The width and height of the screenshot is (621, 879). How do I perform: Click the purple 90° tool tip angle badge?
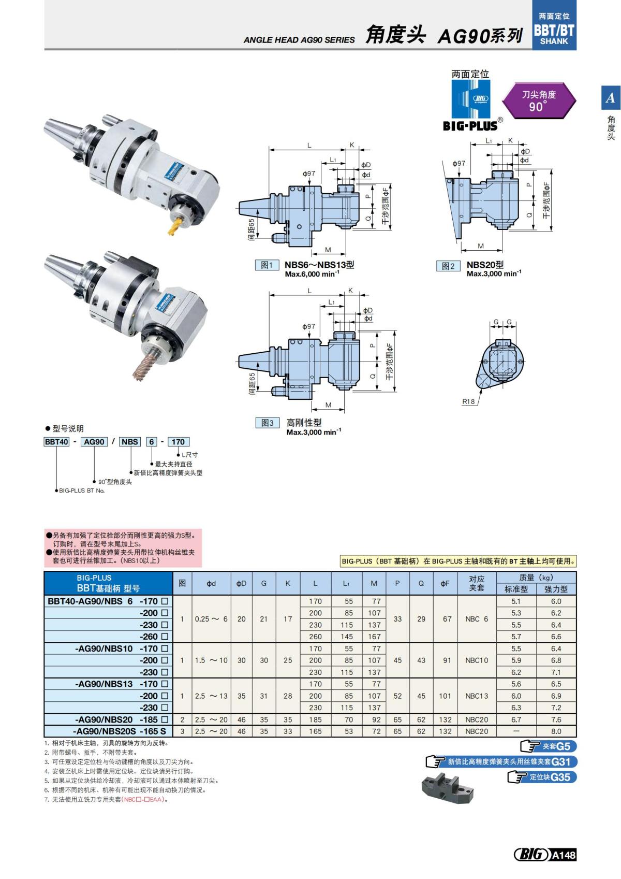[x=538, y=100]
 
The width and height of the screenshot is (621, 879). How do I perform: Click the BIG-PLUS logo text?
[x=470, y=126]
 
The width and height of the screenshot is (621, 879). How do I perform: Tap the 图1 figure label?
[x=267, y=265]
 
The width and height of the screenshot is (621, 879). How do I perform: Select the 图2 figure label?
[x=448, y=266]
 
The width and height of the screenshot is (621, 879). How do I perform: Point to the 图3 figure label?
[x=267, y=423]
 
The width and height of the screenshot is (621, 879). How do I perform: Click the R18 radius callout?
[x=468, y=401]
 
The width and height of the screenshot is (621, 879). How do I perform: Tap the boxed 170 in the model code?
[x=178, y=442]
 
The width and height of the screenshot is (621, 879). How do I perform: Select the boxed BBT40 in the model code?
[x=56, y=442]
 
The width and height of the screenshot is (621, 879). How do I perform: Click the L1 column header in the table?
[x=346, y=583]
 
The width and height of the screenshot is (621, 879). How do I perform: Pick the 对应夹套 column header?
[x=477, y=583]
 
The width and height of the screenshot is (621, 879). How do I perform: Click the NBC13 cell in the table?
[x=477, y=696]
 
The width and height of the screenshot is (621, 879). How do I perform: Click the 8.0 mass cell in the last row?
[x=556, y=731]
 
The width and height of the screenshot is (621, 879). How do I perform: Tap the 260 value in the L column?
[x=315, y=637]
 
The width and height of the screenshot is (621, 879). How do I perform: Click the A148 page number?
[x=564, y=855]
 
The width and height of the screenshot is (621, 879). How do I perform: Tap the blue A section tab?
[x=611, y=97]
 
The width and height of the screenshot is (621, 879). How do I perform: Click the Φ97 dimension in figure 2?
[x=459, y=163]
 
